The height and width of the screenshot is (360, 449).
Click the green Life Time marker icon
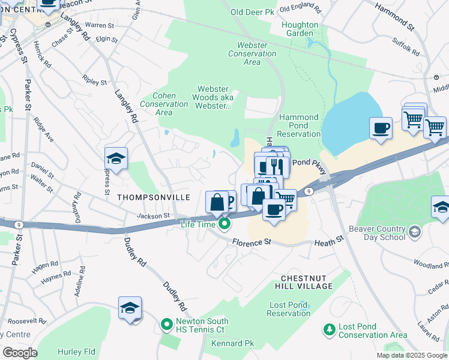[x=225, y=224]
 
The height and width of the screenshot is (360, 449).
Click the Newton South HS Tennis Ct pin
[x=166, y=326]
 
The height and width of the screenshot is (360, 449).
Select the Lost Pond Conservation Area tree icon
[x=329, y=329]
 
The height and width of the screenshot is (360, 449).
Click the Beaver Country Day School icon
[x=414, y=231]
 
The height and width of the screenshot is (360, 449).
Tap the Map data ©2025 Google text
[x=411, y=355]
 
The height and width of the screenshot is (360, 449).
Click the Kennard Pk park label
[x=232, y=343]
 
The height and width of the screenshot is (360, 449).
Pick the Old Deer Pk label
[x=253, y=11]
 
